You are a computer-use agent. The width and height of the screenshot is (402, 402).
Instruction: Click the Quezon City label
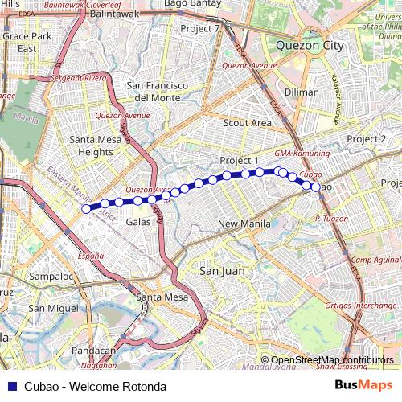tap(310, 46)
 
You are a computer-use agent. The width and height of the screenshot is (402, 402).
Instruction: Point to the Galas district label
tap(138, 221)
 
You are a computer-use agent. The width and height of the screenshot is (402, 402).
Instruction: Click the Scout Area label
tap(247, 123)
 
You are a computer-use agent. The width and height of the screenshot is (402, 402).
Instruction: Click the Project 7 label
tap(200, 28)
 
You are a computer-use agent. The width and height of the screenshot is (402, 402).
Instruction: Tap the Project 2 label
tap(367, 139)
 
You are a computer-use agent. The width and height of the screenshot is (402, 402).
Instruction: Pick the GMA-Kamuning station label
tap(301, 154)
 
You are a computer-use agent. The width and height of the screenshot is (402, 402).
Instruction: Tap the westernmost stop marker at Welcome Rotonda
tap(86, 208)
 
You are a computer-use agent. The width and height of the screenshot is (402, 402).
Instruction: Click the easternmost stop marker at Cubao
tap(315, 187)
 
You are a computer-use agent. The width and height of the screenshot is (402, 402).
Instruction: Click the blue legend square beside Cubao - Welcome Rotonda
tap(9, 387)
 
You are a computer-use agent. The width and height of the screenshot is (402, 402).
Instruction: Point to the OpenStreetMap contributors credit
tap(332, 359)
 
